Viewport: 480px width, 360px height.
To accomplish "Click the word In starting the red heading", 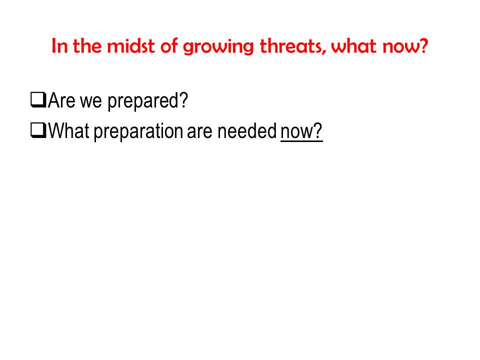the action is tap(59, 46).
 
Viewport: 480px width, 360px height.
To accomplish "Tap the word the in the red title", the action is tap(87, 46).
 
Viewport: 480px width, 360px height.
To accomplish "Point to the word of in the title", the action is tap(169, 46).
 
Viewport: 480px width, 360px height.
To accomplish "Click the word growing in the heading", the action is tap(218, 47).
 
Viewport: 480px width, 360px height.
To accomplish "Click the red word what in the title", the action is tap(353, 46).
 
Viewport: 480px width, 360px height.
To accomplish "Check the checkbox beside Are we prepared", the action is tap(38, 100).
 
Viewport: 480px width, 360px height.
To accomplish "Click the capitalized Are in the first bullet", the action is tap(61, 100).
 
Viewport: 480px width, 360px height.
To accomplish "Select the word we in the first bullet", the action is tap(91, 102).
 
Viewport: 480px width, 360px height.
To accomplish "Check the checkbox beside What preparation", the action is tap(38, 130).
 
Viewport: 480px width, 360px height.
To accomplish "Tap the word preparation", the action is tap(138, 131).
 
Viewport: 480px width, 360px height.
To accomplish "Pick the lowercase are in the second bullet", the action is tap(199, 133).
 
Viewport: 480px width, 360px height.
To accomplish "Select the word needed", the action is tap(247, 130).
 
